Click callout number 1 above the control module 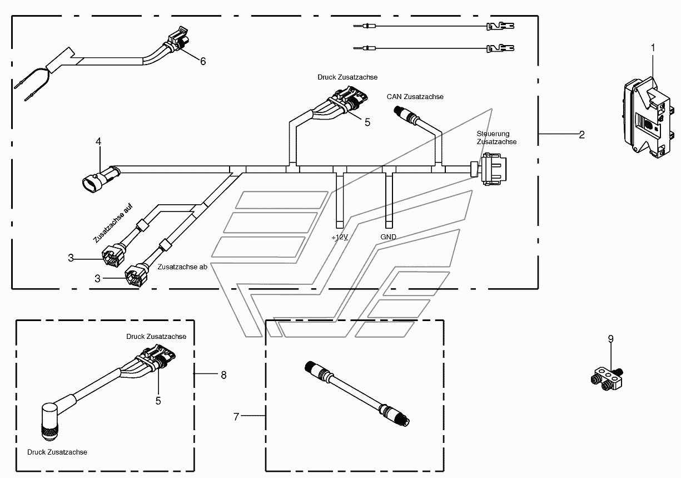[x=653, y=48]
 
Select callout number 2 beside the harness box [x=581, y=135]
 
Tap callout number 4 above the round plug [x=98, y=141]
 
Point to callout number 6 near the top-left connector [x=203, y=61]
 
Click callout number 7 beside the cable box [x=236, y=417]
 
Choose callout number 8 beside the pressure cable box [x=223, y=375]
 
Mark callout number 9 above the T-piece [x=611, y=339]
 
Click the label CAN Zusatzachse [x=415, y=97]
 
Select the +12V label [x=340, y=237]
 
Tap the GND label [x=388, y=236]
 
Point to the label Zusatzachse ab [x=182, y=267]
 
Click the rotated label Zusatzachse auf [x=113, y=223]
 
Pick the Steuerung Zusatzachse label [x=496, y=137]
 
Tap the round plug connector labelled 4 [x=101, y=179]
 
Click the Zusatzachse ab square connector [x=136, y=275]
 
